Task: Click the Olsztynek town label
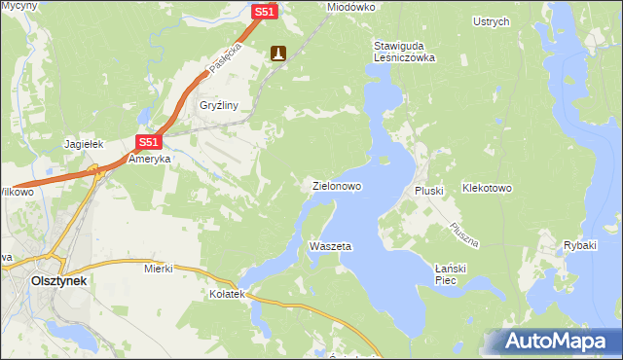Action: pos(55,280)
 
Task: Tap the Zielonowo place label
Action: pos(337,185)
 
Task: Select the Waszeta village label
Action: pos(330,246)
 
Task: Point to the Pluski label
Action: pos(429,191)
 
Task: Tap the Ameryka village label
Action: pos(150,159)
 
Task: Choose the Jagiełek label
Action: pos(84,143)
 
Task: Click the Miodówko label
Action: pos(351,7)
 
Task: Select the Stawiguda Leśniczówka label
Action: pos(404,52)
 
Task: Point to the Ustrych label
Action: pos(491,21)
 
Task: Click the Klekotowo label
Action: pos(487,187)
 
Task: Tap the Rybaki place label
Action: pos(579,245)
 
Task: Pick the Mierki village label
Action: pos(158,268)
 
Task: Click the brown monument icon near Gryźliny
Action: pos(278,54)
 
